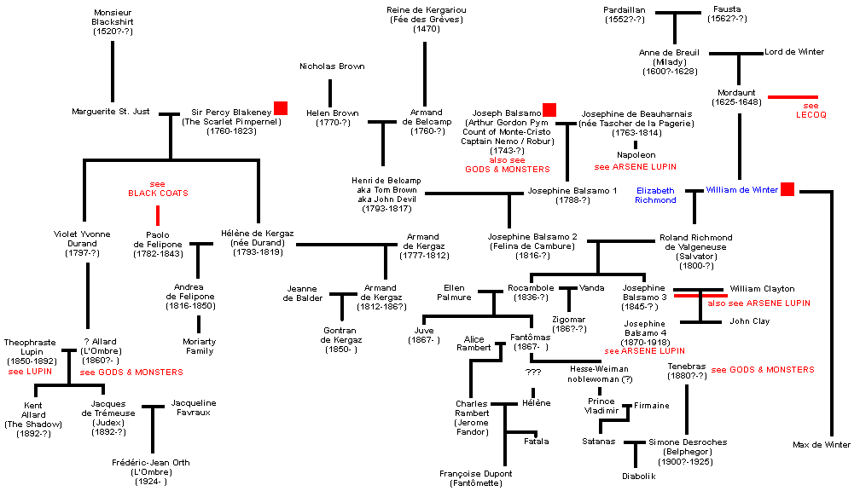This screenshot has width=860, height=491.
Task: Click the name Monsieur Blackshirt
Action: coord(113,18)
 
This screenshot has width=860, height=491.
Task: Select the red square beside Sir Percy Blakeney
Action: coord(280,107)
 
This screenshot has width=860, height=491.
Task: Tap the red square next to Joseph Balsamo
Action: coord(549,109)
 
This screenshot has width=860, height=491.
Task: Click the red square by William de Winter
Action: coord(787,189)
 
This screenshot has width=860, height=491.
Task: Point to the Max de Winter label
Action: coord(821,444)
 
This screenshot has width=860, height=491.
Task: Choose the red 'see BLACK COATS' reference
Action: coord(158,188)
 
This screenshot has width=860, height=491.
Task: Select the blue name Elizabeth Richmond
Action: coord(655,195)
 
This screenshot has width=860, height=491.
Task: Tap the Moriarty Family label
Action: coord(199,345)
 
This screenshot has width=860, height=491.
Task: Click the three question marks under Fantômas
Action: coord(533,373)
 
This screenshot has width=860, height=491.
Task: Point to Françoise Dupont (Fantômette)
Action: coord(476,477)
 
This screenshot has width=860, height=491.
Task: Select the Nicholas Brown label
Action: coord(332,66)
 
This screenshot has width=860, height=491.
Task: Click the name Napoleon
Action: coord(636,155)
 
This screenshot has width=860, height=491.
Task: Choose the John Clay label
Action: coord(749,321)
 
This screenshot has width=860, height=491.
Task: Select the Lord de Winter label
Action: coord(794,52)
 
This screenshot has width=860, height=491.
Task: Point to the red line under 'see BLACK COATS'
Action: coord(158,215)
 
